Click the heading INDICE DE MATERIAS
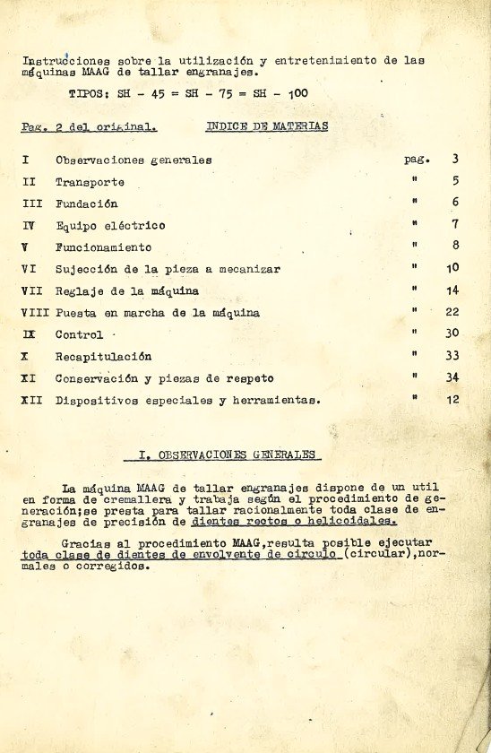tap(267, 126)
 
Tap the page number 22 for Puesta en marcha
tap(452, 312)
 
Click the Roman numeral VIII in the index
tap(35, 313)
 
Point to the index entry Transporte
tap(90, 182)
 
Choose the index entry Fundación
tap(86, 203)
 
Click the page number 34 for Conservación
tap(452, 377)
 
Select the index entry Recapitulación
tap(103, 356)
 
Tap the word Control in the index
tap(79, 334)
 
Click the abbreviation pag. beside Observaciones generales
tap(417, 160)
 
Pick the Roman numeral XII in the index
tap(31, 400)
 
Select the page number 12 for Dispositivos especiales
tap(452, 400)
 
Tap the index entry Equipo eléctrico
tap(110, 226)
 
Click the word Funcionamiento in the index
tap(103, 247)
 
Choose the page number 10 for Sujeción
tap(452, 268)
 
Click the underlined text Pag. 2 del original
tap(89, 127)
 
